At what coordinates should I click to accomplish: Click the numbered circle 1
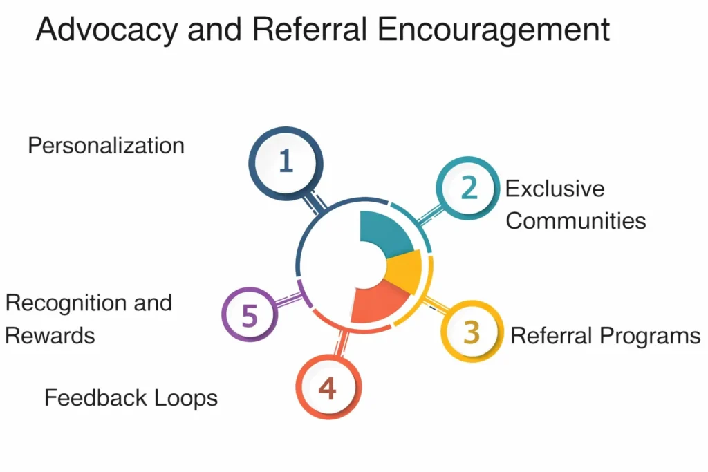tap(285, 162)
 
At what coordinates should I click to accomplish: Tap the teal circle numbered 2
tap(468, 188)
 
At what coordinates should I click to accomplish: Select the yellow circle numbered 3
tap(472, 332)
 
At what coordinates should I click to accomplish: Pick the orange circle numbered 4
tap(327, 388)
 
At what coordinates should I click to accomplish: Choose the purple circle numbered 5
tap(250, 317)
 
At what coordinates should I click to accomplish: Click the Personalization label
tap(106, 146)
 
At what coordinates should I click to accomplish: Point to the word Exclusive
tap(555, 189)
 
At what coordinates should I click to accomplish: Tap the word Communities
tap(576, 220)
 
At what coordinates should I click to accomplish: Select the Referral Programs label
tap(605, 336)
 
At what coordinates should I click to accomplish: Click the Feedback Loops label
tap(131, 398)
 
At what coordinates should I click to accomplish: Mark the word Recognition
tap(69, 303)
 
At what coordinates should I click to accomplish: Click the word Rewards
tap(50, 335)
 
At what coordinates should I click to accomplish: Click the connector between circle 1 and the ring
tap(315, 201)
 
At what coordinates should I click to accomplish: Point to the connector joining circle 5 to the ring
tap(289, 299)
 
